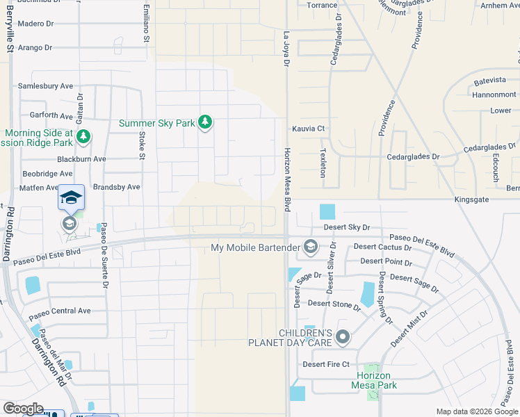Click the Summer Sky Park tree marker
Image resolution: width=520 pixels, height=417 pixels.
point(205,123)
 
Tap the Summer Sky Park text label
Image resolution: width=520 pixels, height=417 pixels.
point(156,123)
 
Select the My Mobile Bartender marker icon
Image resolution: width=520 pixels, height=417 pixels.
point(311,247)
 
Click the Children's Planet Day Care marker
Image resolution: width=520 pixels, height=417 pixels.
point(342,338)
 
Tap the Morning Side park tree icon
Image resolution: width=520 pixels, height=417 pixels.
point(83,136)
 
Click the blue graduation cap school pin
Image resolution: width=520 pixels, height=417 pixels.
point(71,198)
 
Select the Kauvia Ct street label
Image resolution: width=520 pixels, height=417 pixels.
point(308,129)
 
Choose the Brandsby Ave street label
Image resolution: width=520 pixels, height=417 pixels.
point(117,187)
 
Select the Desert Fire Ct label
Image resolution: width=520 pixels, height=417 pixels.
point(325,364)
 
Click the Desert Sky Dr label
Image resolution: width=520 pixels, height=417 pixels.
point(346,227)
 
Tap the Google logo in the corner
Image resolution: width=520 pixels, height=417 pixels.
point(23,409)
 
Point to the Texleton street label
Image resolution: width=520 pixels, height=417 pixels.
point(323,162)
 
